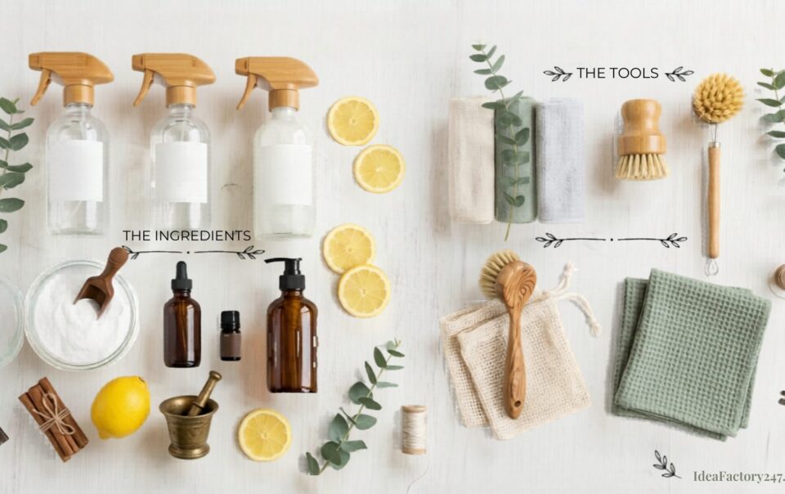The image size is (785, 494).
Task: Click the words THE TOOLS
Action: click(x=617, y=74)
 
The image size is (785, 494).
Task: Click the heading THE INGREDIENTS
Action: click(x=186, y=236)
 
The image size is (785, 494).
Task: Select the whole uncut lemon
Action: click(x=120, y=407)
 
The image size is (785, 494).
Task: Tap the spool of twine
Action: click(x=414, y=429)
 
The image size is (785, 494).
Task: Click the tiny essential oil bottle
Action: click(x=231, y=335)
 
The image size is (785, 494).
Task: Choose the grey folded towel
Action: click(x=560, y=159)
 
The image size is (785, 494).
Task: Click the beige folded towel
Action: click(x=472, y=159)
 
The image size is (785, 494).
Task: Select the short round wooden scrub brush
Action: click(x=641, y=139)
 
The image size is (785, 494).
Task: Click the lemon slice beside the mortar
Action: click(x=264, y=434)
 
